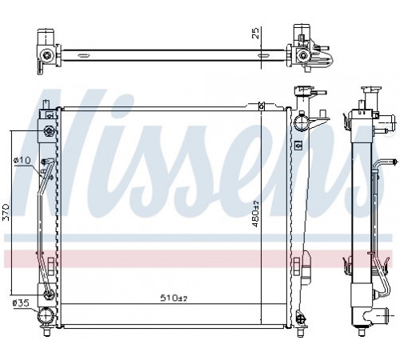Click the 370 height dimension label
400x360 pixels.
click(7, 212)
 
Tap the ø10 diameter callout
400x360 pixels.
click(22, 160)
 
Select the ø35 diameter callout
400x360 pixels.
click(21, 303)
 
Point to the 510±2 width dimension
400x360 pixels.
click(174, 298)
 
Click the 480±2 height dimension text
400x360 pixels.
click(255, 214)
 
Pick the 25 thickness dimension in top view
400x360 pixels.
click(255, 34)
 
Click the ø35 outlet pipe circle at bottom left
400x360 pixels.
click(46, 315)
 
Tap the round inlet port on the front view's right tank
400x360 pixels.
click(302, 123)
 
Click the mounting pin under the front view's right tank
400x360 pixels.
click(301, 331)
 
